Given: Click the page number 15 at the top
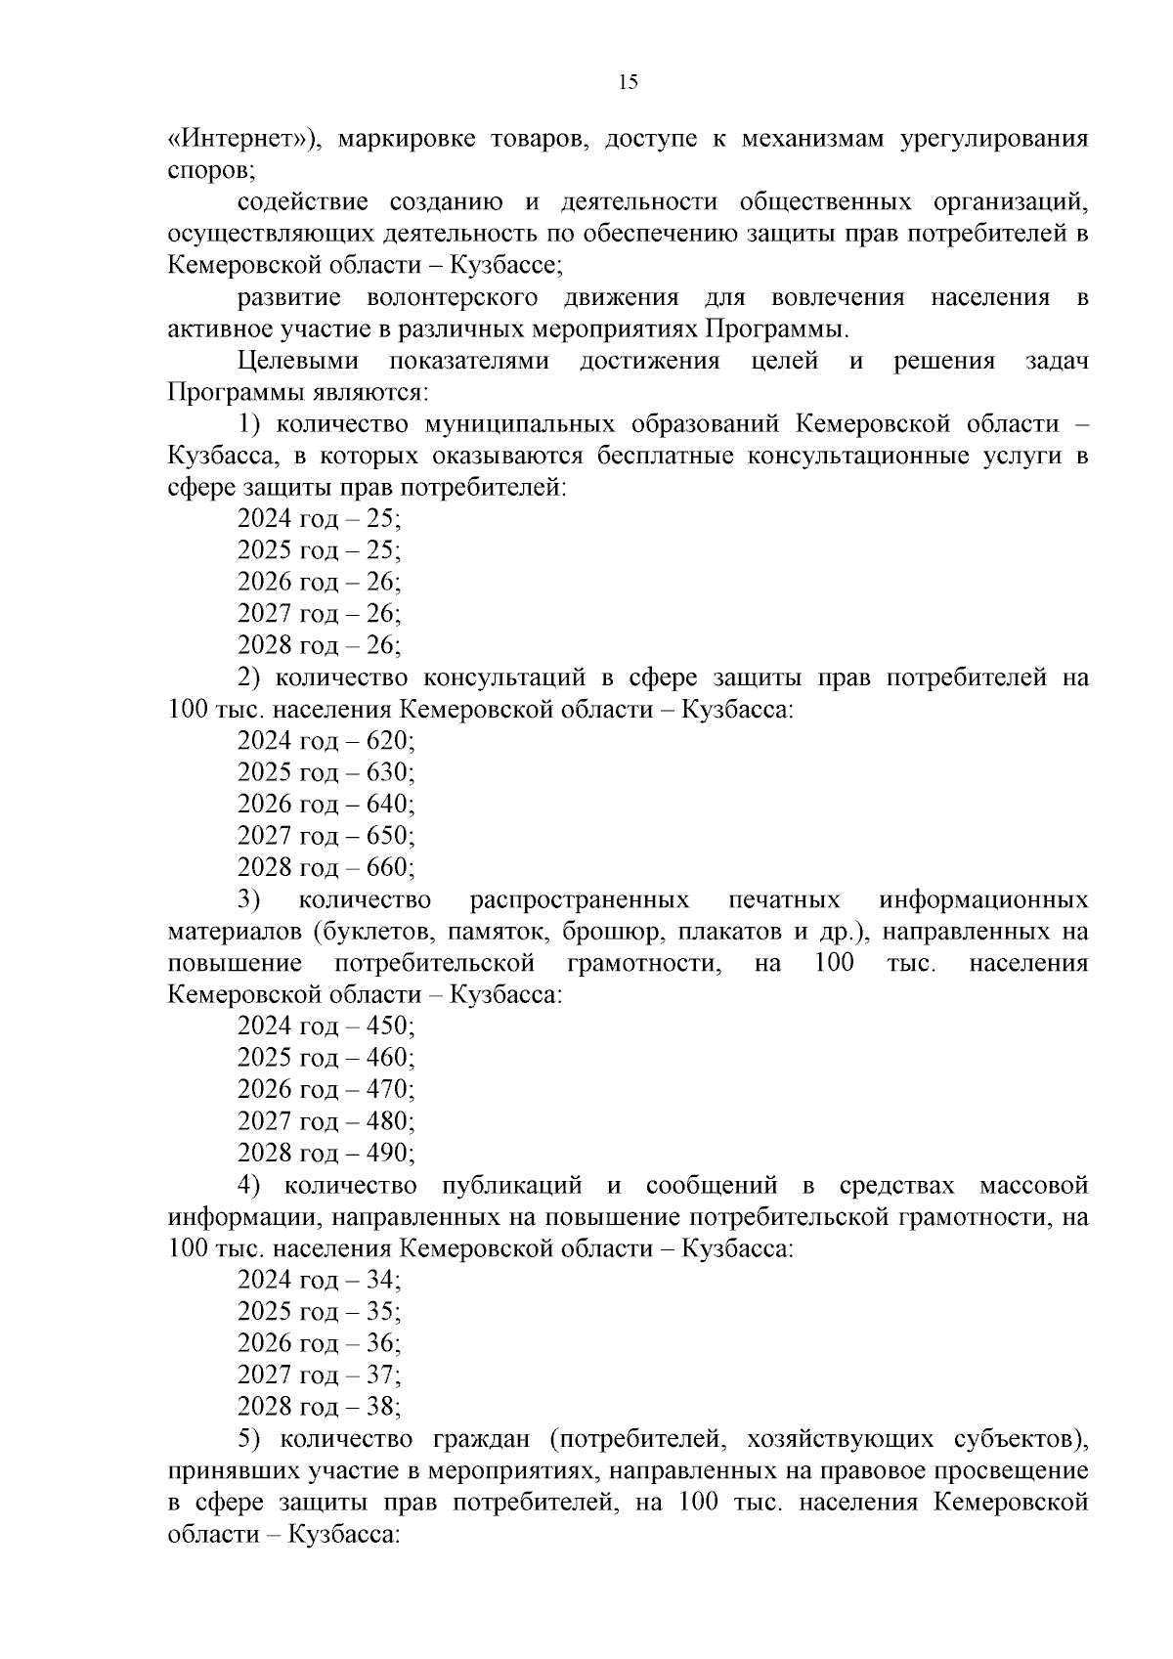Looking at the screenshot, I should pos(628,82).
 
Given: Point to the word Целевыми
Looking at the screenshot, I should pos(298,361).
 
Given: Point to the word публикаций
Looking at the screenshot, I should pos(512,1185).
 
